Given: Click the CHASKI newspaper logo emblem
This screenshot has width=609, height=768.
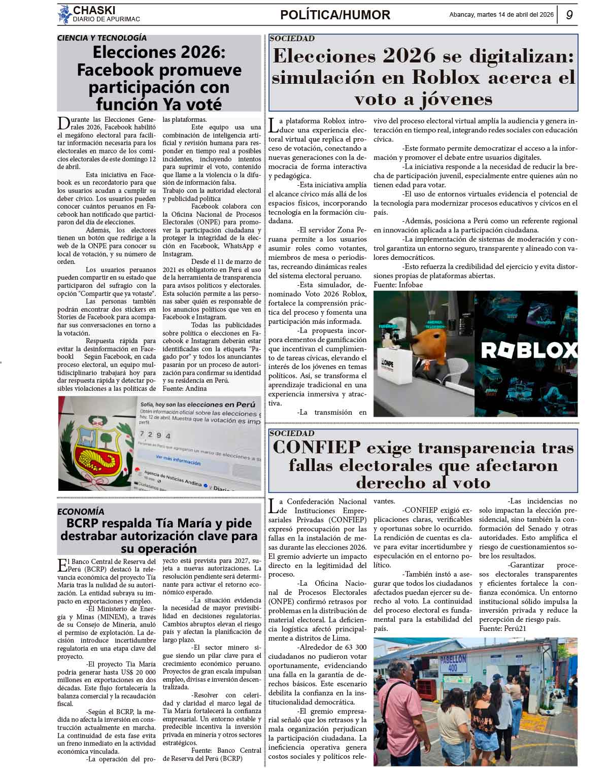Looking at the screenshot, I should click(x=65, y=14).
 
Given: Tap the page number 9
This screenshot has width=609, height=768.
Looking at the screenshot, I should click(x=569, y=15).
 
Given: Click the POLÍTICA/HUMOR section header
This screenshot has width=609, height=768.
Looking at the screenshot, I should click(x=335, y=15).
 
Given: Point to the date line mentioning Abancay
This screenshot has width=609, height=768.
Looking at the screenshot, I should click(x=501, y=15).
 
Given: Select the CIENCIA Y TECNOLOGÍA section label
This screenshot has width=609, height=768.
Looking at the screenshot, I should click(x=102, y=38).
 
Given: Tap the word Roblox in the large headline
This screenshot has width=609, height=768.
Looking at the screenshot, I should click(x=446, y=77).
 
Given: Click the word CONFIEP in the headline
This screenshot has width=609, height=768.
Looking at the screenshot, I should click(x=317, y=448).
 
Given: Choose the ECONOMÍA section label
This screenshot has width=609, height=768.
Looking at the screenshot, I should click(x=81, y=511).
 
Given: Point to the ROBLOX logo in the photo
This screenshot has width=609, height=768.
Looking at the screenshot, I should click(x=528, y=350).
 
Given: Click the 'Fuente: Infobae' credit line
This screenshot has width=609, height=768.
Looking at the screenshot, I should click(x=398, y=285).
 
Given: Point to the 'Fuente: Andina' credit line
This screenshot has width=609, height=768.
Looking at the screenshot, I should click(x=185, y=388).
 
